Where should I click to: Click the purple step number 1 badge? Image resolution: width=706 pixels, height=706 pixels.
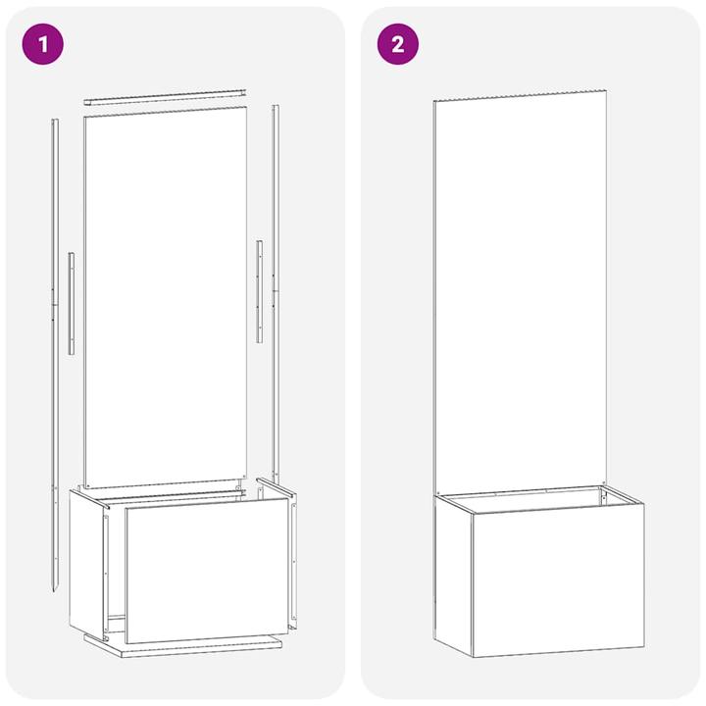[43, 44]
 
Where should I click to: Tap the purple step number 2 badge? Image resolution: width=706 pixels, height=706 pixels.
[397, 44]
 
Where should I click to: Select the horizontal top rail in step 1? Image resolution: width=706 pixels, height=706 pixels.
[164, 96]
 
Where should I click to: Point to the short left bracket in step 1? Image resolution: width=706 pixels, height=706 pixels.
[71, 303]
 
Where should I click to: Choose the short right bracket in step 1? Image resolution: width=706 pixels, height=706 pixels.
[259, 291]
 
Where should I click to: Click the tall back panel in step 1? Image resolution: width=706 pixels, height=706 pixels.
[165, 294]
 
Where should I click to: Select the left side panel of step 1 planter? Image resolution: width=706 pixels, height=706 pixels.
[86, 564]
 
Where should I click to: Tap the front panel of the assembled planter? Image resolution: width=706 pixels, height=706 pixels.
[558, 579]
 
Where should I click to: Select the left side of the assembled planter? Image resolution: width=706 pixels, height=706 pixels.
[454, 574]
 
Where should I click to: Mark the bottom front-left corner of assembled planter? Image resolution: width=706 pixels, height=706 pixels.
[474, 656]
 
